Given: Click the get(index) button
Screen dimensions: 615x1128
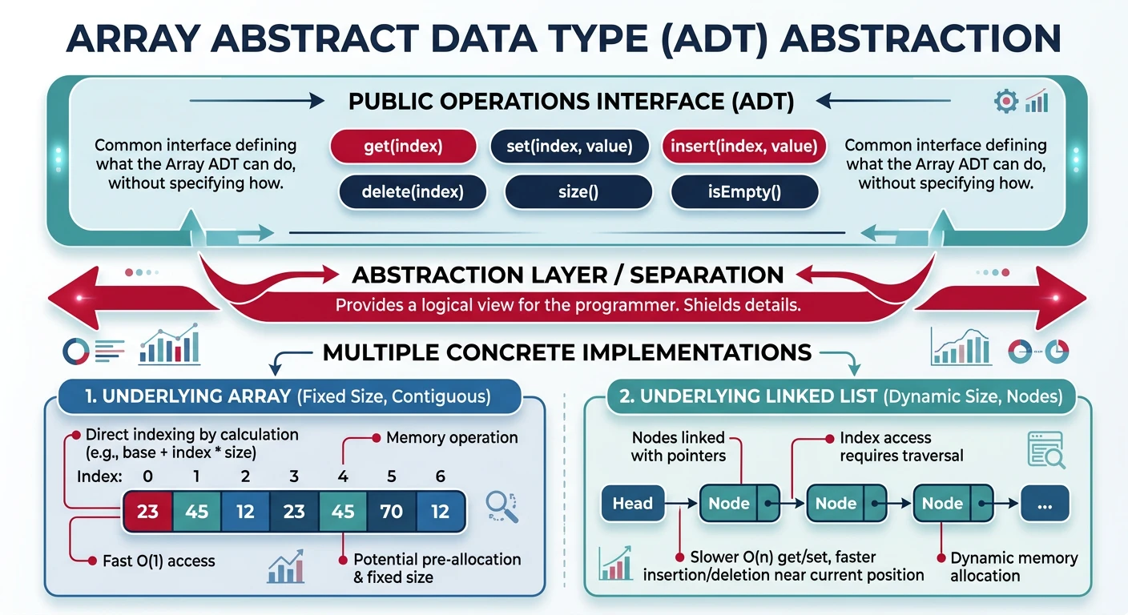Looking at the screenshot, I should pyautogui.click(x=403, y=147).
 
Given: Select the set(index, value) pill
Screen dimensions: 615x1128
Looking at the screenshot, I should pyautogui.click(x=570, y=147).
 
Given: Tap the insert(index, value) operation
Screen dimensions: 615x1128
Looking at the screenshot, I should pyautogui.click(x=743, y=147).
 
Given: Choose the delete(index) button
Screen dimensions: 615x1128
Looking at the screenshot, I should pyautogui.click(x=413, y=192).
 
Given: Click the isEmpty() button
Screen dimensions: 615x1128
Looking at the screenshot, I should pyautogui.click(x=744, y=192).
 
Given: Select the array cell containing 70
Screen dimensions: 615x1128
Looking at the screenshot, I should pyautogui.click(x=391, y=511).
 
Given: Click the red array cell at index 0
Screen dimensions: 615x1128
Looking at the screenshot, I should pyautogui.click(x=147, y=511).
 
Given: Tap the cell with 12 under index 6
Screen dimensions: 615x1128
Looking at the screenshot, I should pyautogui.click(x=440, y=511).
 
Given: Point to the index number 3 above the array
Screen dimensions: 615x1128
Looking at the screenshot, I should pyautogui.click(x=294, y=476).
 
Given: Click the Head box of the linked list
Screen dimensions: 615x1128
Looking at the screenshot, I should pyautogui.click(x=632, y=504).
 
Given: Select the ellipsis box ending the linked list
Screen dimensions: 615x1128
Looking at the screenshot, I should pyautogui.click(x=1044, y=504).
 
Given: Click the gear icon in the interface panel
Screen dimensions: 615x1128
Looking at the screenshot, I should pyautogui.click(x=1005, y=102).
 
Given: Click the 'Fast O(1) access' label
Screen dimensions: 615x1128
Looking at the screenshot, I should pyautogui.click(x=159, y=561).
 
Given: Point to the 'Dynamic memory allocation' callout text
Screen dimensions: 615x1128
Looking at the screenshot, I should pyautogui.click(x=1013, y=567).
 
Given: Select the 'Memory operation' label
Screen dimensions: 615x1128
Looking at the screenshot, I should pyautogui.click(x=452, y=438).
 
